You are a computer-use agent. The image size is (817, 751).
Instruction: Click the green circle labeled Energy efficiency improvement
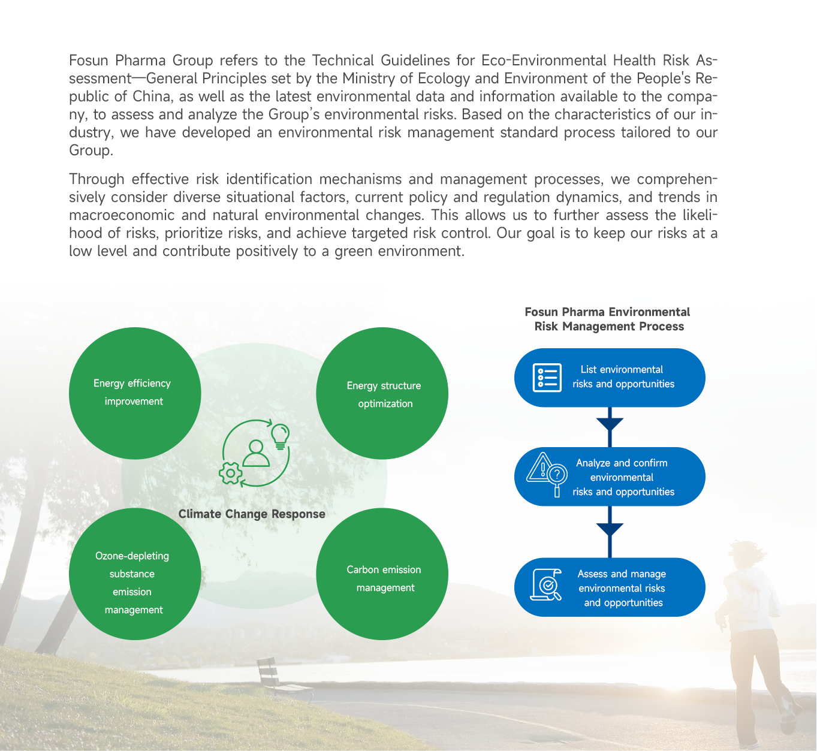pyautogui.click(x=135, y=393)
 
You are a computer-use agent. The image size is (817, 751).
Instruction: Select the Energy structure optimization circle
pyautogui.click(x=382, y=393)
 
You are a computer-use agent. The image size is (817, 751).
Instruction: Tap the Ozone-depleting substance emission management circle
pyautogui.click(x=135, y=574)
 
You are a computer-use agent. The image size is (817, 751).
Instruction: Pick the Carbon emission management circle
pyautogui.click(x=382, y=574)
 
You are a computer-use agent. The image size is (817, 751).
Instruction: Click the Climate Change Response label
pyautogui.click(x=252, y=514)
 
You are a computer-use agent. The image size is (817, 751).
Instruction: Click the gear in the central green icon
pyautogui.click(x=231, y=473)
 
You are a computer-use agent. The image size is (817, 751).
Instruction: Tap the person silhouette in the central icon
pyautogui.click(x=257, y=453)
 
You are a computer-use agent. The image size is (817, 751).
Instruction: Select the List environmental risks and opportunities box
pyautogui.click(x=610, y=378)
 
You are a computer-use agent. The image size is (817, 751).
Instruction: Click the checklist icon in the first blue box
pyautogui.click(x=547, y=378)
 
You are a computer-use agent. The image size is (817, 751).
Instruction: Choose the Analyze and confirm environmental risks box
pyautogui.click(x=610, y=477)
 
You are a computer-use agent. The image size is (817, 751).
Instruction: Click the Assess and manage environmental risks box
pyautogui.click(x=610, y=587)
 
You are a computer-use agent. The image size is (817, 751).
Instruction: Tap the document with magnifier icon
pyautogui.click(x=546, y=585)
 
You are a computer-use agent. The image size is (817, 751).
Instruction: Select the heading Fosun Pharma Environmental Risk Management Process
pyautogui.click(x=608, y=319)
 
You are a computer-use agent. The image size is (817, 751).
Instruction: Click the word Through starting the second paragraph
pyautogui.click(x=97, y=179)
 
